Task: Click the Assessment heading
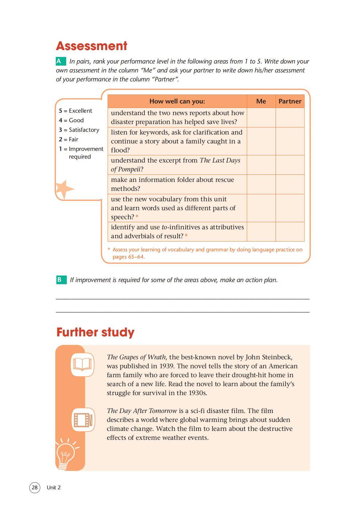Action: coord(92,46)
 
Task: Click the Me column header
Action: coord(261,101)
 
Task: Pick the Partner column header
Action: coord(290,101)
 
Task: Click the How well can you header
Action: coord(177,101)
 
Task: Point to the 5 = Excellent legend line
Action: coord(75,111)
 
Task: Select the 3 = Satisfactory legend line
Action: coord(79,130)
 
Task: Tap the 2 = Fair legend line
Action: coord(69,139)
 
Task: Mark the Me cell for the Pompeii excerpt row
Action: coord(261,165)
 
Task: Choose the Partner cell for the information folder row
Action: coord(290,184)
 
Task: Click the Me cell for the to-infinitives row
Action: coord(261,231)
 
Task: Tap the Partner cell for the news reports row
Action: coord(290,117)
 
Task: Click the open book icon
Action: coord(82,364)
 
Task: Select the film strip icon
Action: coord(83,420)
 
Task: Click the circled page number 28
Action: coord(35,487)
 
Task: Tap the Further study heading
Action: coord(95,332)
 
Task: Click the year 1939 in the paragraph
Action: coord(166,366)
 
